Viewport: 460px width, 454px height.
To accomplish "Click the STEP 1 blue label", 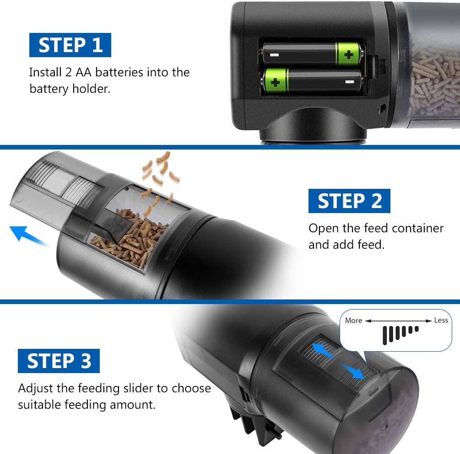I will [x=70, y=45].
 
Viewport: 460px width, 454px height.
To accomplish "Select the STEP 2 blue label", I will [x=349, y=201].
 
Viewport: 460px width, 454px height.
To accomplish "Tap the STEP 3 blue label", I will [x=59, y=361].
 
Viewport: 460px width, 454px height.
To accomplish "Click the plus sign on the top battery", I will [x=349, y=55].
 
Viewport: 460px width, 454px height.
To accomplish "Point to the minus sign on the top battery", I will [x=274, y=55].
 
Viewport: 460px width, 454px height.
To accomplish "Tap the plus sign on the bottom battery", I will [x=276, y=83].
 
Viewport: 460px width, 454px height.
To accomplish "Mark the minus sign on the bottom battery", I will [x=350, y=82].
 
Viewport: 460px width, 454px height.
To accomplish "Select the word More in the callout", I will [x=353, y=320].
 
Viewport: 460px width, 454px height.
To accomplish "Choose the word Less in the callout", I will [x=440, y=320].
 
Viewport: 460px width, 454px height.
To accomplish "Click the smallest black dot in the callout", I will [x=417, y=328].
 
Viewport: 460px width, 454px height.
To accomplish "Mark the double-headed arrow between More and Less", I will [x=398, y=320].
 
